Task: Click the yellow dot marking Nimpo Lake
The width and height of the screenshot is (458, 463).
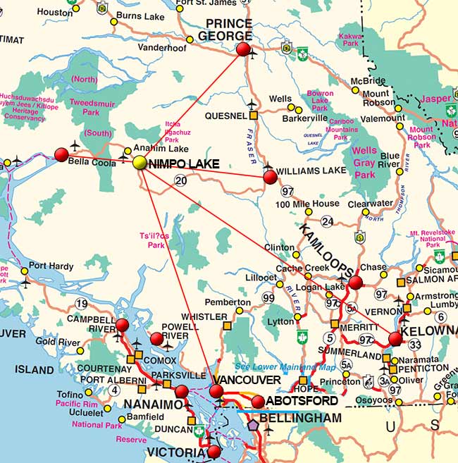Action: point(140,163)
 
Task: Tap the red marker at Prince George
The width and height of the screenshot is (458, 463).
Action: point(243,49)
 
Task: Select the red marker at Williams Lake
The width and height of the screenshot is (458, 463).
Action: point(270,177)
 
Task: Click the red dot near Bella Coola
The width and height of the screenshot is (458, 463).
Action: point(61,154)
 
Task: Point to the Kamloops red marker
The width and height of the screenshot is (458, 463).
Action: point(356,283)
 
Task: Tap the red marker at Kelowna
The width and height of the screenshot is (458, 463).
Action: point(395,339)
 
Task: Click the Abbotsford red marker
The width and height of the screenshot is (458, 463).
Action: point(258,402)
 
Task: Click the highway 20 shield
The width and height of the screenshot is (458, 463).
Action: point(181,182)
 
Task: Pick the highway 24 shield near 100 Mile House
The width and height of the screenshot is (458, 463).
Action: point(327,221)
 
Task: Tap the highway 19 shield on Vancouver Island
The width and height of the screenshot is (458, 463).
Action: point(81,304)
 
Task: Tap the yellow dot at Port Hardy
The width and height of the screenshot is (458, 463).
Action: point(25,271)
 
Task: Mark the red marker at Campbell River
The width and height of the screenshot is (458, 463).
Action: point(123,325)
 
